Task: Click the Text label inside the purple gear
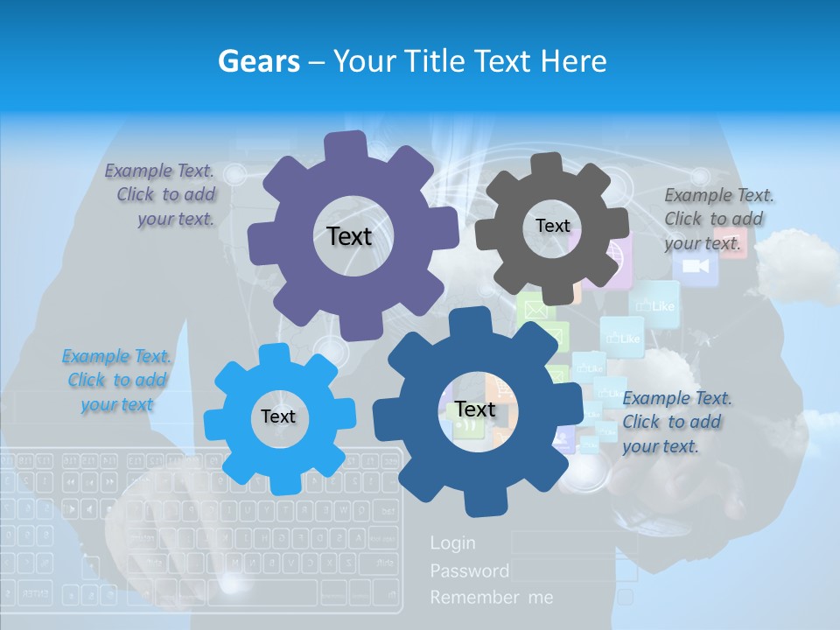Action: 349,236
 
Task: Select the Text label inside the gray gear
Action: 552,226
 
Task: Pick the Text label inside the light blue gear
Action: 278,416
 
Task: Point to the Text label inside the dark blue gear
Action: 475,409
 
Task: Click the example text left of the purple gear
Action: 161,195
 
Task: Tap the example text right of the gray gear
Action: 716,219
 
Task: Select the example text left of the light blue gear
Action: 116,380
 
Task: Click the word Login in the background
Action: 453,543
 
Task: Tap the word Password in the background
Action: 470,570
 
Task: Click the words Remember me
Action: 492,598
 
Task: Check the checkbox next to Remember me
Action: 626,597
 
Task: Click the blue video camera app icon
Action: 696,266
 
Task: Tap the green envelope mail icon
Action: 535,308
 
